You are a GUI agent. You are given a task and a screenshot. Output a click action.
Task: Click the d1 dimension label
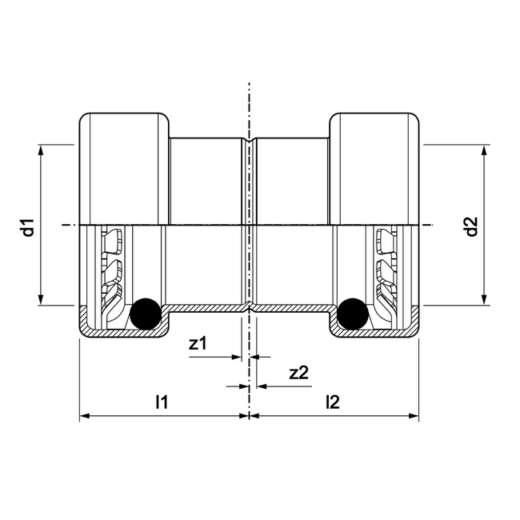28,226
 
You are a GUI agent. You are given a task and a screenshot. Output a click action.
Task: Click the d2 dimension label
472,226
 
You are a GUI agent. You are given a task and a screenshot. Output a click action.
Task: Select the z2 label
298,372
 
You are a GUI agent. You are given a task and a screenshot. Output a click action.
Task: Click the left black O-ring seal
146,313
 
